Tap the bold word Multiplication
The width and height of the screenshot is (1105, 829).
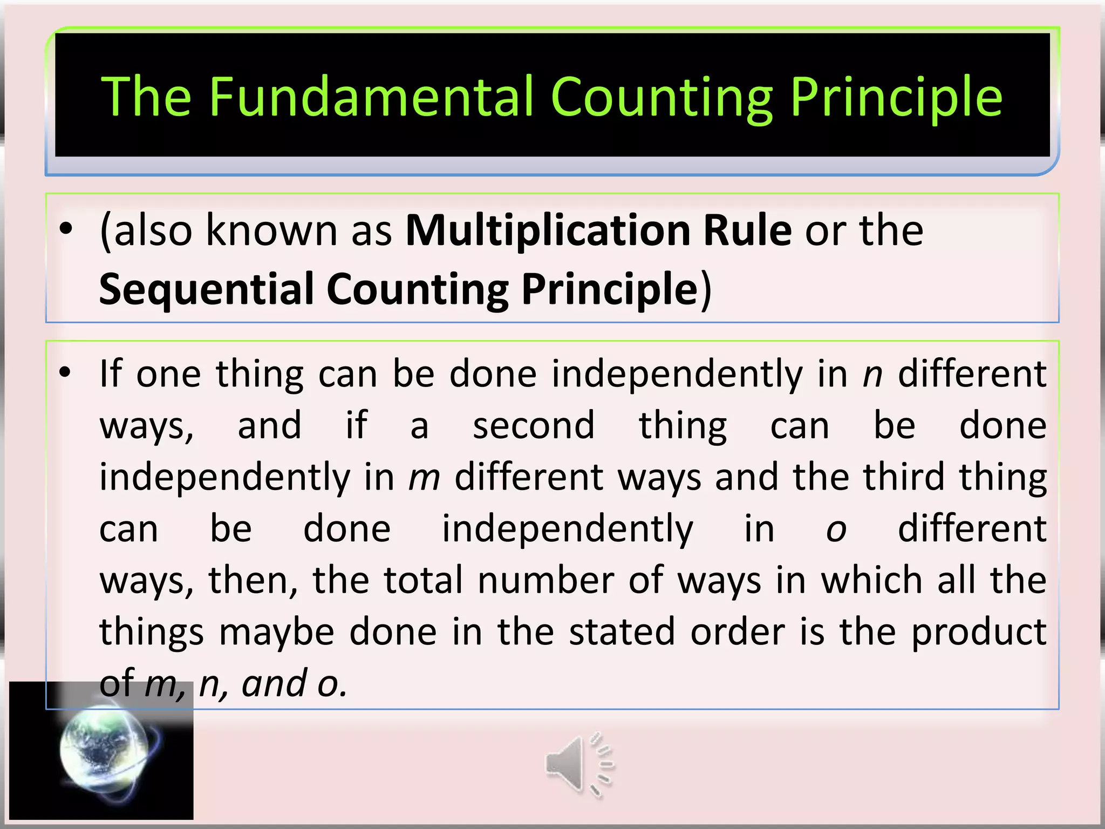(547, 231)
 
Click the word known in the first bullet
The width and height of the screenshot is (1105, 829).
(272, 231)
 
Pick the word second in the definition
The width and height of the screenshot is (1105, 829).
(534, 426)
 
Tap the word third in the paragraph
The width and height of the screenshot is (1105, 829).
(904, 477)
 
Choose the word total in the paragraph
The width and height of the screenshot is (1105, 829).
(424, 581)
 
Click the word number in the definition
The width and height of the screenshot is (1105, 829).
(546, 581)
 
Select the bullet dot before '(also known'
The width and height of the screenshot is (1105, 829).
(65, 230)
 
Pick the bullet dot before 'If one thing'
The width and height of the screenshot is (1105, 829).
(65, 372)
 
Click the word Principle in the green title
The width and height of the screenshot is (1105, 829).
(896, 97)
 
